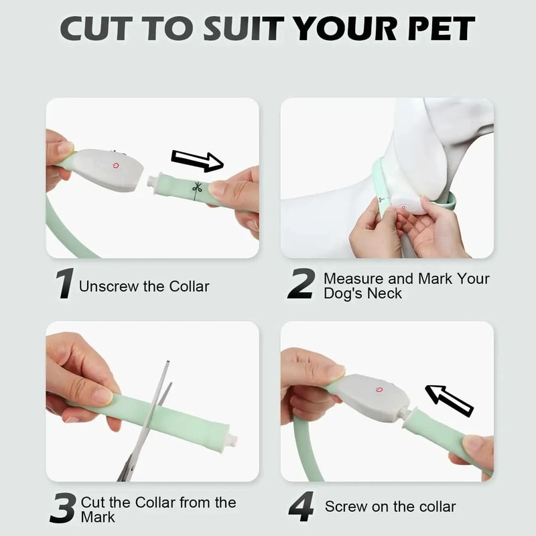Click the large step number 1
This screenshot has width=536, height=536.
pos(64,284)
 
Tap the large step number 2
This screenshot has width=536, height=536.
pos(300,284)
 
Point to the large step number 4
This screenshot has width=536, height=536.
pos(301,507)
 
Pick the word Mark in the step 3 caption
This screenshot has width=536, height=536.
pos(98,517)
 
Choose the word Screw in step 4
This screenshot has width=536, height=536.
pos(342,507)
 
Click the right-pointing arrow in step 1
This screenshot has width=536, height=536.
pos(197,161)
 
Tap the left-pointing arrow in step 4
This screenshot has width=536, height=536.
pos(450,400)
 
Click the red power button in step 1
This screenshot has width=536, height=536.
pos(117,165)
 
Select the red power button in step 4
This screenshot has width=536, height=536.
pos(379,389)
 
